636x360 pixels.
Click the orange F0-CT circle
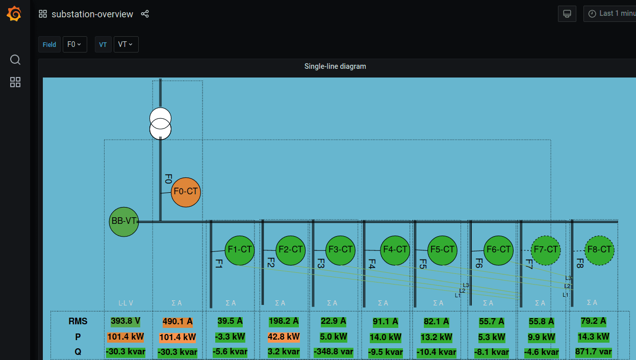tap(186, 192)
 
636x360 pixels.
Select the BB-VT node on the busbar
tap(124, 221)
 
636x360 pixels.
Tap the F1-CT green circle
tap(240, 250)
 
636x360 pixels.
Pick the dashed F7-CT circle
tap(545, 250)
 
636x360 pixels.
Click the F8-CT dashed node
tap(599, 250)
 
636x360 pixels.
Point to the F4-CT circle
tap(395, 250)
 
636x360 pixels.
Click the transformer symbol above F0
tap(160, 123)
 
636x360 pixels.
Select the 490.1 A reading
tap(177, 322)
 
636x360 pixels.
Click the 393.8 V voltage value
tap(125, 321)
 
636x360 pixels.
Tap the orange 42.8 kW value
tap(283, 337)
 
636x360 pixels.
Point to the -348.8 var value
tap(333, 352)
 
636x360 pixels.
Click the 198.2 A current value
tap(283, 322)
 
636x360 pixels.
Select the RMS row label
tap(78, 322)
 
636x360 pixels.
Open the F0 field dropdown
tap(74, 44)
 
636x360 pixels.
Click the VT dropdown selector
tap(125, 44)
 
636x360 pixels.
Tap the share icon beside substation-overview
tap(145, 14)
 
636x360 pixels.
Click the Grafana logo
tap(14, 14)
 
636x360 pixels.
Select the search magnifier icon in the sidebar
tap(15, 60)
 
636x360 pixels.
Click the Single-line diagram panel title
tap(335, 66)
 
